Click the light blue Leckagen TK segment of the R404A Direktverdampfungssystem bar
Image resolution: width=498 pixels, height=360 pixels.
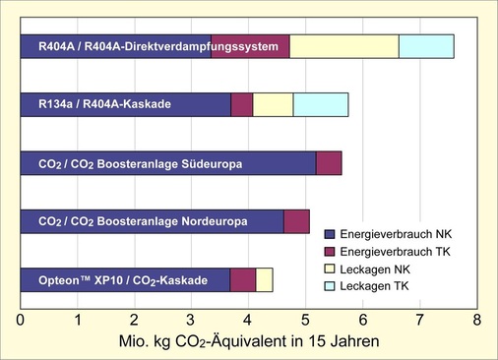pyautogui.click(x=426, y=46)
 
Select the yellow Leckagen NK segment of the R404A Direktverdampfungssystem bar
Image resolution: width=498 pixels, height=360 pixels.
pyautogui.click(x=343, y=46)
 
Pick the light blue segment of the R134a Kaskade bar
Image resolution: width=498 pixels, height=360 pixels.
pyautogui.click(x=320, y=105)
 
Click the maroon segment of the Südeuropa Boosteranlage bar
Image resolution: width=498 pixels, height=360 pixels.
pyautogui.click(x=329, y=163)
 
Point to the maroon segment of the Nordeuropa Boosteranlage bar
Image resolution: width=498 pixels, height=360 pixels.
pyautogui.click(x=296, y=221)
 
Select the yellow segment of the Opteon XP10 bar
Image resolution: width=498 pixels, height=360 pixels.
pyautogui.click(x=264, y=279)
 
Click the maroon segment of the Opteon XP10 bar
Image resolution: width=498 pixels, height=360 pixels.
pyautogui.click(x=243, y=279)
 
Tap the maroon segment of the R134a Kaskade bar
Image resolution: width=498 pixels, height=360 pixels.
pyautogui.click(x=241, y=105)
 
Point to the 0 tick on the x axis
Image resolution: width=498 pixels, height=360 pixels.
pyautogui.click(x=21, y=320)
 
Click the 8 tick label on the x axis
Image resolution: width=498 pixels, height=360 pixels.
pyautogui.click(x=476, y=320)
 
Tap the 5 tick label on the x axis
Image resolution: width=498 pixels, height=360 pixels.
pyautogui.click(x=305, y=320)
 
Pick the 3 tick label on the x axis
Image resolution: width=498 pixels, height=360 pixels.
pyautogui.click(x=191, y=320)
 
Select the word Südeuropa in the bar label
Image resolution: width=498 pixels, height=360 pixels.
pyautogui.click(x=207, y=163)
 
